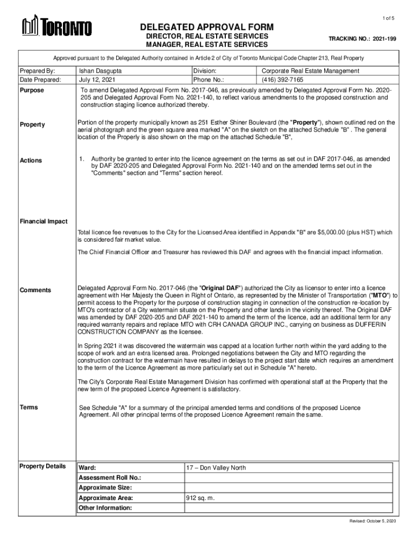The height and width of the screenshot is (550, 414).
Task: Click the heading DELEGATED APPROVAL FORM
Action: click(207, 27)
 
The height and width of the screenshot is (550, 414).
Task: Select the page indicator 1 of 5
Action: click(388, 19)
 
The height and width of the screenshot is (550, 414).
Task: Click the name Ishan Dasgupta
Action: click(101, 70)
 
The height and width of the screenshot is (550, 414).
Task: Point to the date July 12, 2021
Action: click(98, 79)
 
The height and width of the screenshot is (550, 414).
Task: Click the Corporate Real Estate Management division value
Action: click(310, 70)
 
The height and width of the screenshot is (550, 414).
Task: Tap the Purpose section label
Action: click(32, 90)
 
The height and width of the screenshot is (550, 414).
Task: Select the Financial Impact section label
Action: click(44, 221)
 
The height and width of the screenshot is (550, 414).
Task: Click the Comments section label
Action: click(35, 290)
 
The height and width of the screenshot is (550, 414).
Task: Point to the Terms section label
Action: click(29, 407)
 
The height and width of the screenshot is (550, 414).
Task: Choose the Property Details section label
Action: click(42, 466)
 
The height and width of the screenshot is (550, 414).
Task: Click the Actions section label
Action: click(31, 161)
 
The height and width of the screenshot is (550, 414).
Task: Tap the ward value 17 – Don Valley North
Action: click(216, 468)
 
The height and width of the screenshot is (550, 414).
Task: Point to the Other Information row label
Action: click(105, 508)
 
